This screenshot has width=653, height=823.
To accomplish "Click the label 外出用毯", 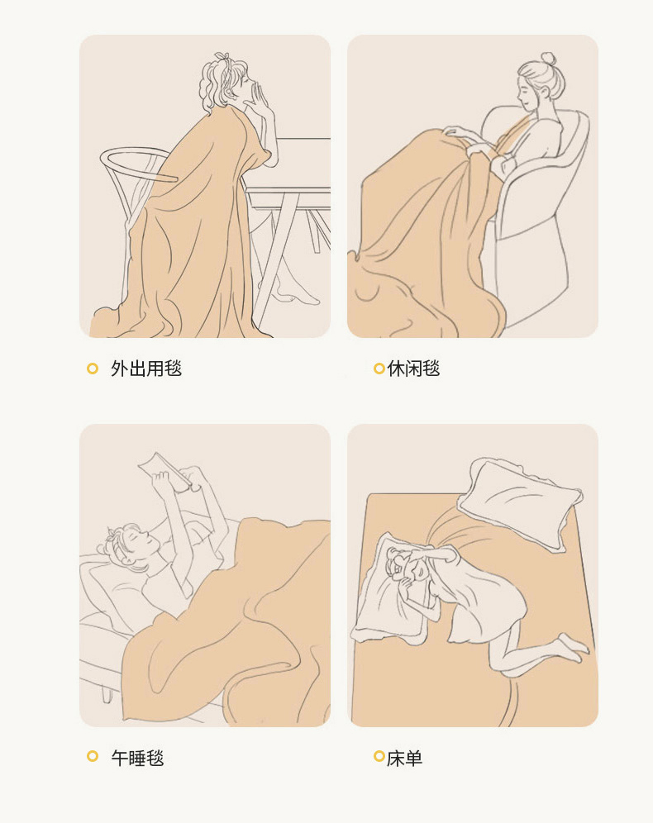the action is (146, 369).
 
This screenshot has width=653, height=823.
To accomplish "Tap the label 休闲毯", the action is (413, 369).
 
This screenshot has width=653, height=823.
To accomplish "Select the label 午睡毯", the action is (137, 758).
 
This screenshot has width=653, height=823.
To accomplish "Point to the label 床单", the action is (404, 758).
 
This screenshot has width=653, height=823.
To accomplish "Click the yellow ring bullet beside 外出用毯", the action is (93, 369).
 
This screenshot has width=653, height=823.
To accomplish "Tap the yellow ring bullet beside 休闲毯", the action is (379, 369).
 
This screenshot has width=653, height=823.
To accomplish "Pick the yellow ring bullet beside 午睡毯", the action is (93, 756).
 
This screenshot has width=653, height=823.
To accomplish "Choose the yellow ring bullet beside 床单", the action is (379, 756).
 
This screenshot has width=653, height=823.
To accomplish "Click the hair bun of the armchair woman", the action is (549, 58).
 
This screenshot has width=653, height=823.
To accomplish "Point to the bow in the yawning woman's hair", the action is (222, 57).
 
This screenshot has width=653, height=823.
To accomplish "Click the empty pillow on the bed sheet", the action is (520, 503).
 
